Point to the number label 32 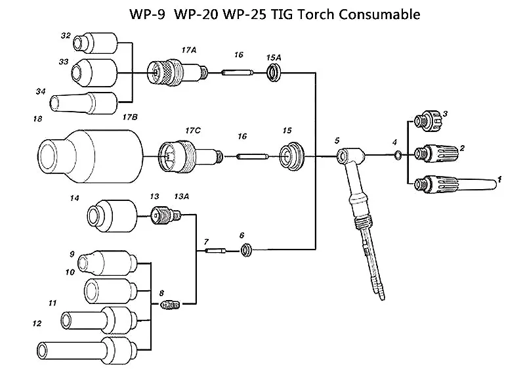66,35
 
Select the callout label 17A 190,50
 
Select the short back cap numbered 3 425,121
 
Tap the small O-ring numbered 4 397,155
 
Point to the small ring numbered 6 247,250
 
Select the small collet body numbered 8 169,305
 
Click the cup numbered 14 112,215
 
